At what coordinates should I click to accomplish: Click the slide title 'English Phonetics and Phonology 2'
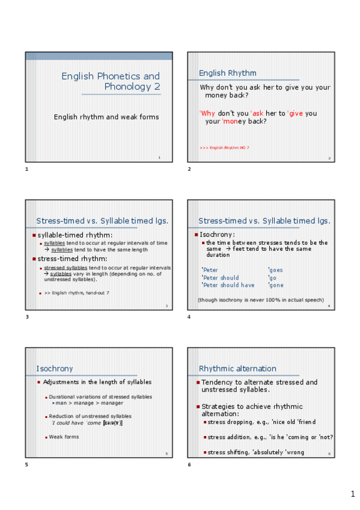click(x=111, y=81)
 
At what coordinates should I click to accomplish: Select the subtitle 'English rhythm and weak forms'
click(x=106, y=117)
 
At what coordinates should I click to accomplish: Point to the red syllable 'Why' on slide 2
click(x=208, y=113)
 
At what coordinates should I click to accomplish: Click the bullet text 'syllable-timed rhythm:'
click(x=75, y=235)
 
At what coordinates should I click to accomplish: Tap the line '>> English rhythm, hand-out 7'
click(x=76, y=293)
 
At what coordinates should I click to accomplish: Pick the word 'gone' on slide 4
click(x=276, y=286)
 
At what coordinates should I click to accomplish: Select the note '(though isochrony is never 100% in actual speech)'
click(x=261, y=300)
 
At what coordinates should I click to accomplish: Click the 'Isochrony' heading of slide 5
click(x=55, y=368)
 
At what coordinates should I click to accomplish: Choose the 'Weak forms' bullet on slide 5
click(x=64, y=437)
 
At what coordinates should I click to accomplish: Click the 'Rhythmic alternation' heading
click(x=237, y=368)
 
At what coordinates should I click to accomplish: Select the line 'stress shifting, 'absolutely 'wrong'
click(x=256, y=452)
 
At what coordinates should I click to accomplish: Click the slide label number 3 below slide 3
click(x=26, y=317)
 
